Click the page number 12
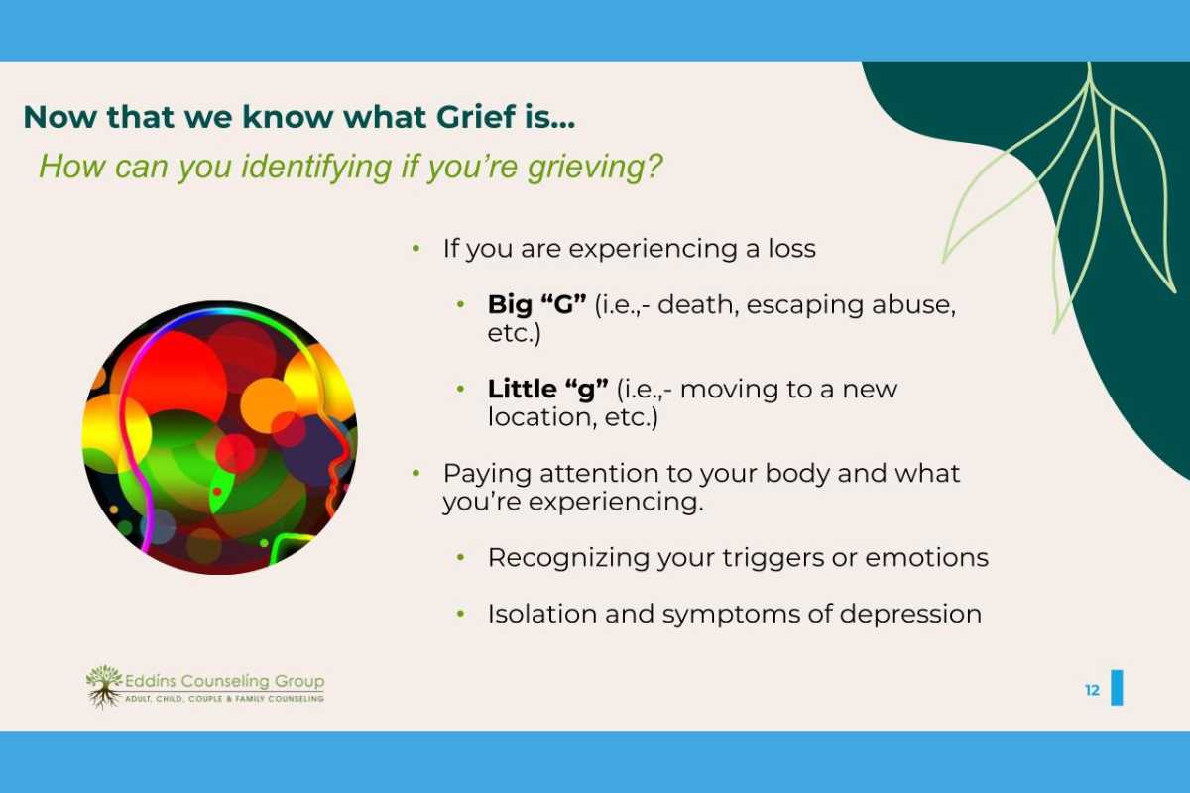pyautogui.click(x=1092, y=691)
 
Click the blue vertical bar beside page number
pyautogui.click(x=1117, y=688)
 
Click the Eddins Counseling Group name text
pyautogui.click(x=225, y=682)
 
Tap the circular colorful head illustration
pyautogui.click(x=219, y=437)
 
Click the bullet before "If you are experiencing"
pyautogui.click(x=416, y=249)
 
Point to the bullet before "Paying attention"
pyautogui.click(x=416, y=474)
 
